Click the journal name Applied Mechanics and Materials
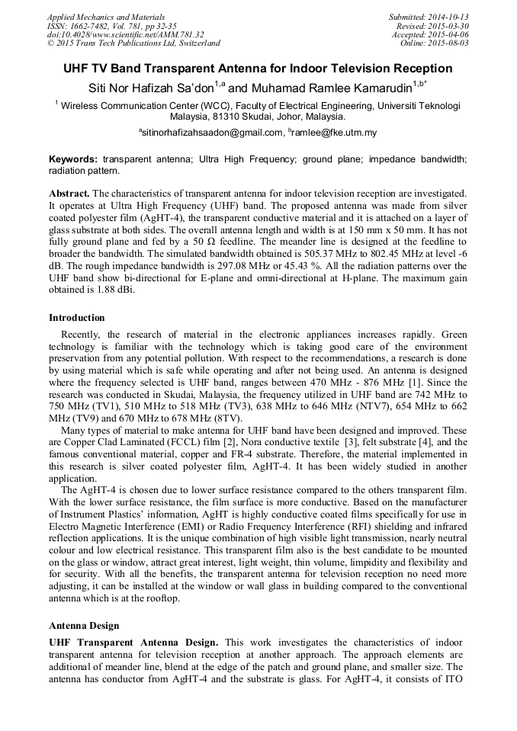[97, 16]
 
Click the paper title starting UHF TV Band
[258, 69]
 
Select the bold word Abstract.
[69, 196]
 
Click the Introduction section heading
[77, 318]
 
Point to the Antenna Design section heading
[84, 626]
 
